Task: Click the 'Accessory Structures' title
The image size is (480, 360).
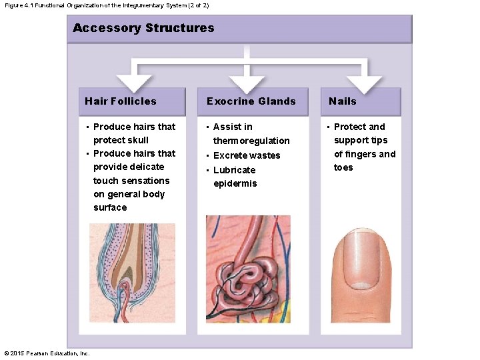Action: [x=143, y=28]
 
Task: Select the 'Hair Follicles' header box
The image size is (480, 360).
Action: [x=131, y=101]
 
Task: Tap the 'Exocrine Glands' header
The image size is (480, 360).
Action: [x=251, y=101]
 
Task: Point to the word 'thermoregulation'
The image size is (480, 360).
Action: [x=251, y=141]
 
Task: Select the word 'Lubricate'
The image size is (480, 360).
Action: [x=234, y=170]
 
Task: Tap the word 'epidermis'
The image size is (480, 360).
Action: [x=235, y=183]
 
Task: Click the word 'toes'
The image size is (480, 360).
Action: [x=343, y=167]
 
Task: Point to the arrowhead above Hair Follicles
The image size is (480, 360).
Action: [x=134, y=83]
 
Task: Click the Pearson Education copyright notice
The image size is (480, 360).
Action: [x=47, y=353]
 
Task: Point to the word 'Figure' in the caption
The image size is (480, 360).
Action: [x=14, y=5]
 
